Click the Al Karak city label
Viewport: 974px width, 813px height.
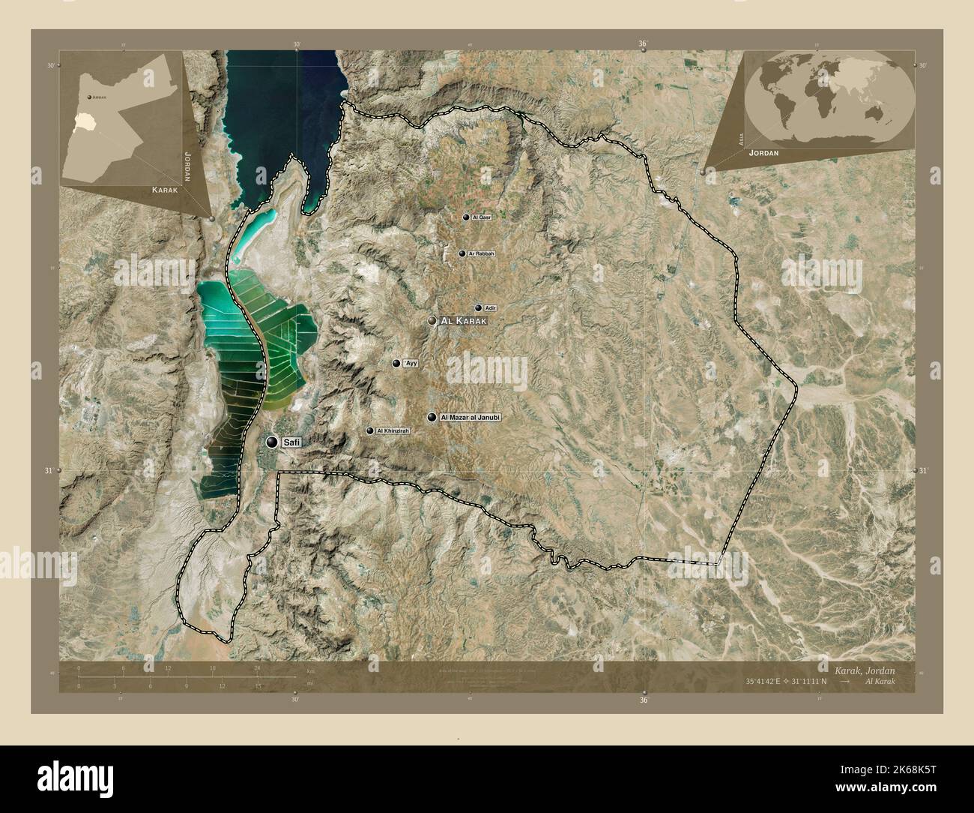pyautogui.click(x=465, y=321)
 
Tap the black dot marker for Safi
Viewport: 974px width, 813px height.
pyautogui.click(x=270, y=442)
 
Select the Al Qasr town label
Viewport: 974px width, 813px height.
pyautogui.click(x=481, y=217)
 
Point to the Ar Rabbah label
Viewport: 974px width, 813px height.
pyautogui.click(x=481, y=254)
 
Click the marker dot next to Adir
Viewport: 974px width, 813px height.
pyautogui.click(x=478, y=308)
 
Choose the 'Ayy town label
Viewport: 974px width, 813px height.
pyautogui.click(x=410, y=363)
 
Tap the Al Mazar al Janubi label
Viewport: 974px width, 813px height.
pyautogui.click(x=470, y=417)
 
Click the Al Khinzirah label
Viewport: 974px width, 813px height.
pyautogui.click(x=393, y=430)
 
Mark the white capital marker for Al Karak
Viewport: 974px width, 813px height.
pyautogui.click(x=432, y=321)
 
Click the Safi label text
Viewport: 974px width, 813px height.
pyautogui.click(x=291, y=443)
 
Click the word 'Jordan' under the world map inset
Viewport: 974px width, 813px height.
pyautogui.click(x=763, y=153)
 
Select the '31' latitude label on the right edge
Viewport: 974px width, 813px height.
pyautogui.click(x=923, y=470)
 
